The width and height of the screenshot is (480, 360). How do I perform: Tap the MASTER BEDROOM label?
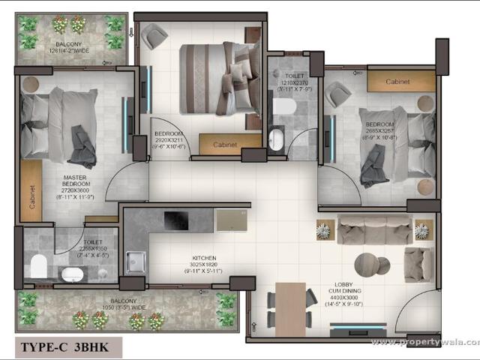point(76,188)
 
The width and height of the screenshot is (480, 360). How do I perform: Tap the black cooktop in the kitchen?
point(178,220)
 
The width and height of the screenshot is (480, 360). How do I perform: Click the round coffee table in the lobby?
point(367,262)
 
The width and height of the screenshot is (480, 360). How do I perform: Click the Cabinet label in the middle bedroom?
point(226,145)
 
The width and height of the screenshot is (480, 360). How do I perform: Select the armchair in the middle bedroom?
point(155,35)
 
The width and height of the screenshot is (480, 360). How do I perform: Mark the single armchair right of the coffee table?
point(418,264)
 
